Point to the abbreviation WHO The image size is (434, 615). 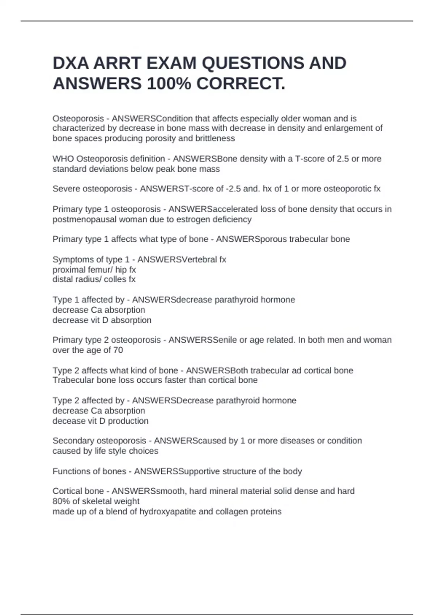[x=63, y=159]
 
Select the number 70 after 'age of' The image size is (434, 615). [x=118, y=350]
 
